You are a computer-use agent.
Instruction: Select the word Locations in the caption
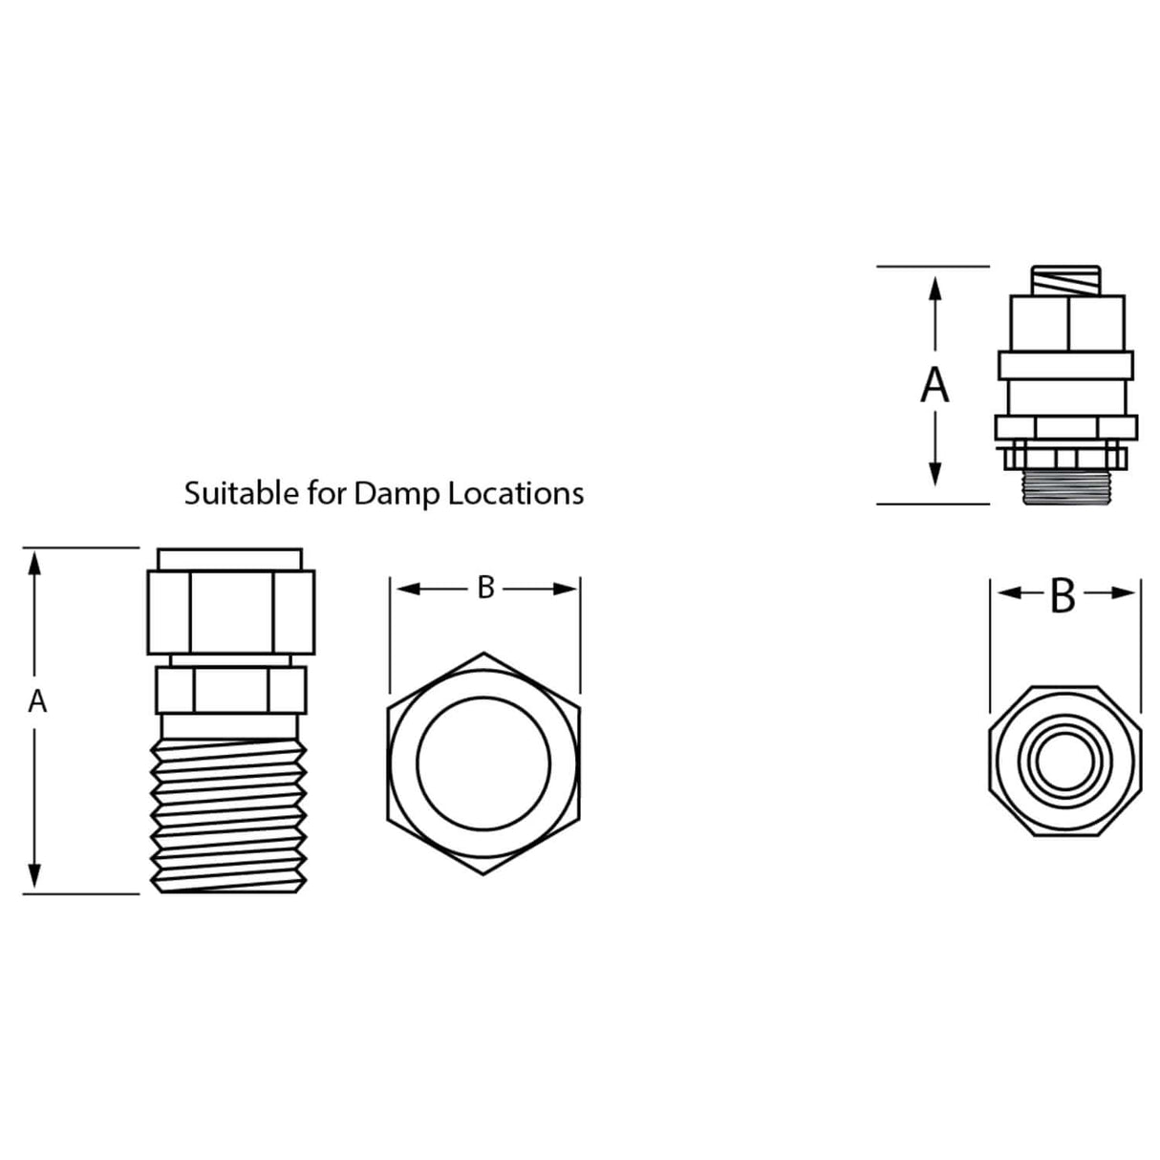pos(516,493)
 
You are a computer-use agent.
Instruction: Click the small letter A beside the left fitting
pos(37,702)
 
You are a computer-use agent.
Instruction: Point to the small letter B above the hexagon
pos(485,589)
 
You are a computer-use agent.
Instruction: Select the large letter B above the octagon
pos(1063,596)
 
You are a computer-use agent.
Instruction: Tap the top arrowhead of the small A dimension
pos(35,564)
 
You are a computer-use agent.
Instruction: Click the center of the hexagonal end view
pos(483,763)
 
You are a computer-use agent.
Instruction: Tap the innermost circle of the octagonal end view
pos(1063,762)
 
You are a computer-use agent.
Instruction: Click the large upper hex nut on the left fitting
pos(230,612)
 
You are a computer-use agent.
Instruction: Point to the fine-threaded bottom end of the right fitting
pos(1064,487)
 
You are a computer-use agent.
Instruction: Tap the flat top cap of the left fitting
pos(229,559)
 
